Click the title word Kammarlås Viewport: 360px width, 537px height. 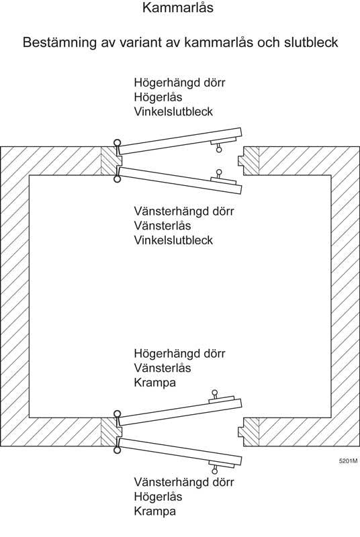coord(178,8)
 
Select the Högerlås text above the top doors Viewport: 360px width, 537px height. coord(158,97)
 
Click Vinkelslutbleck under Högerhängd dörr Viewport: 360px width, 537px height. coord(173,111)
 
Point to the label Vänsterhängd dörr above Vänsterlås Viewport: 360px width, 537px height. coord(184,211)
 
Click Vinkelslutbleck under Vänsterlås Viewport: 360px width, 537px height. coord(173,240)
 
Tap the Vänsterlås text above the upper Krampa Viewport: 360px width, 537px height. coord(163,368)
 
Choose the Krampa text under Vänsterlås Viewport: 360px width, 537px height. coord(155,383)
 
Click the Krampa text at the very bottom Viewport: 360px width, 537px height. coord(155,511)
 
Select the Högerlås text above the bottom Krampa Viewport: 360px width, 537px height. coord(158,497)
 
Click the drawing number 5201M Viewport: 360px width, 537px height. coord(349,460)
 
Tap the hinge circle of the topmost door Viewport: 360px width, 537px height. coord(117,142)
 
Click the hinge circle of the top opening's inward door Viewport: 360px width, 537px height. coord(117,179)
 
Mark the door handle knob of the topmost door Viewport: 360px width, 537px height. coord(219,149)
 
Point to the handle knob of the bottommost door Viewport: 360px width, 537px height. coord(214,471)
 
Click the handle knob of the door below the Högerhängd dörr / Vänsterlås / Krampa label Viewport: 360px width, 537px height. coord(215,393)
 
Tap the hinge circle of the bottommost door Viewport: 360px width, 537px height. coord(117,450)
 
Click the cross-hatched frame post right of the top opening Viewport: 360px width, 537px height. coord(249,161)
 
